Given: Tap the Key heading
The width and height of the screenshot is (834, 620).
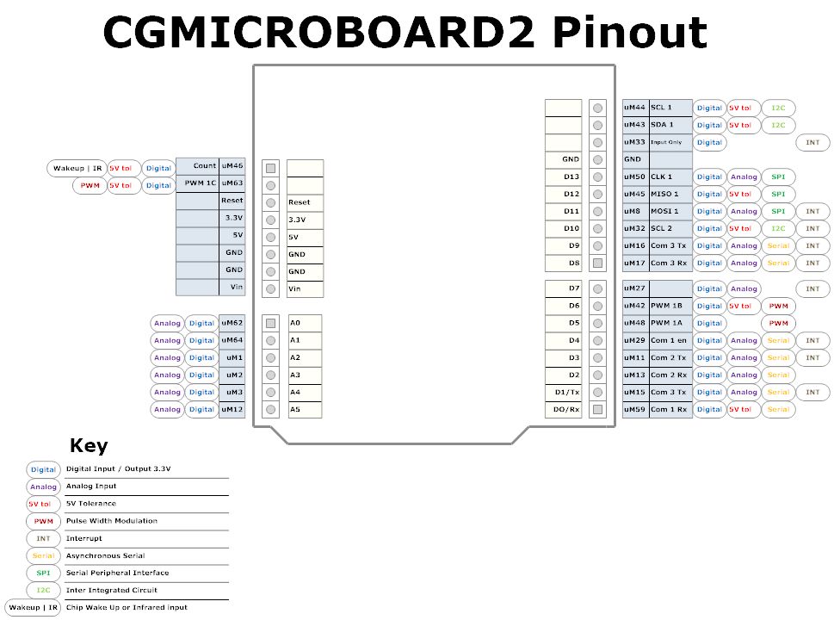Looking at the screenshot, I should pos(89,445).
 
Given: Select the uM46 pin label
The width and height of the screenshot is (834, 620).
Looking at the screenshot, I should pos(232,165).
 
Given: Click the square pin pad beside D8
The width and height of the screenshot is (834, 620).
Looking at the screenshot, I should pos(597,263).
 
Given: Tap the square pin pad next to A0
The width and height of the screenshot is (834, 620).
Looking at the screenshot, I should pos(270,323).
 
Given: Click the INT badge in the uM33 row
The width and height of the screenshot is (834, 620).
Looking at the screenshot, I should pos(812,142).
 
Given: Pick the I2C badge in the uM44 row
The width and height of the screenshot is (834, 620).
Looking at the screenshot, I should pos(777,108).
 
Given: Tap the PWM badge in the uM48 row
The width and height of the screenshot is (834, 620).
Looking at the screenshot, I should pos(778,323).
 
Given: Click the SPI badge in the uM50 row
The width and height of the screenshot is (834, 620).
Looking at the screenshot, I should pos(777,177).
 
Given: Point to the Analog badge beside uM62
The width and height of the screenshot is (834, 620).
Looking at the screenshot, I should pos(167,323).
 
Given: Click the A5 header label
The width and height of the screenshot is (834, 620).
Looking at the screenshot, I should pos(295,409).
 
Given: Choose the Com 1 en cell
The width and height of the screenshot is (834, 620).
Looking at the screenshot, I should pos(669,340).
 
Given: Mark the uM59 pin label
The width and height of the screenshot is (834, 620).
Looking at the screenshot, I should pos(634,409).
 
